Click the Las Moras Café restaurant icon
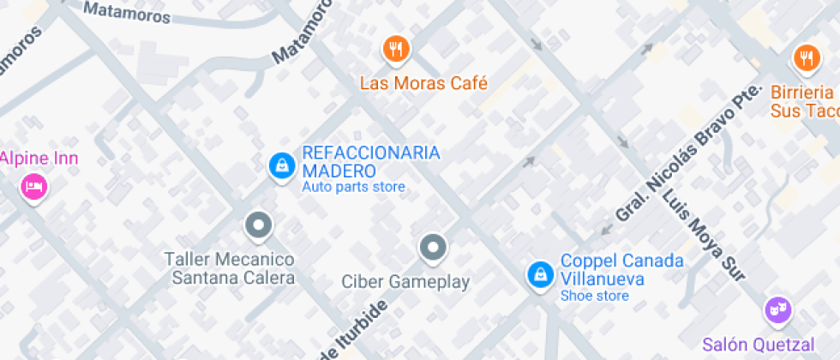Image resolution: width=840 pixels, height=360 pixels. point(395,50)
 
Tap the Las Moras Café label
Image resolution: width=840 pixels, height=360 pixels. point(423,84)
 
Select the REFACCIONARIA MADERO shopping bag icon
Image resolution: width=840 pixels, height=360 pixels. point(280,165)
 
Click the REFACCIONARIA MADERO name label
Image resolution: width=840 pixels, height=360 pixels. point(370,162)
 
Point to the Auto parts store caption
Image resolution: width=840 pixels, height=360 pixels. point(353,187)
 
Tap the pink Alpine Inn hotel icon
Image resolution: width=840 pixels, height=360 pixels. point(33,186)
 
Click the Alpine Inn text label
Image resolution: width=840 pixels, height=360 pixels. point(39,159)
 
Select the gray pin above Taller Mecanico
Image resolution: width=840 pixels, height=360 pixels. point(258,225)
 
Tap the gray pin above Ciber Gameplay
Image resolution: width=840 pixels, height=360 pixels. point(433,248)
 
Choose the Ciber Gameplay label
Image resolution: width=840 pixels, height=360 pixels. point(406,281)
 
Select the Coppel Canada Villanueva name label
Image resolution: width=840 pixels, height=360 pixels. point(621,269)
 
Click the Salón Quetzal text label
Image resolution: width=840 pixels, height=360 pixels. point(759,345)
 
